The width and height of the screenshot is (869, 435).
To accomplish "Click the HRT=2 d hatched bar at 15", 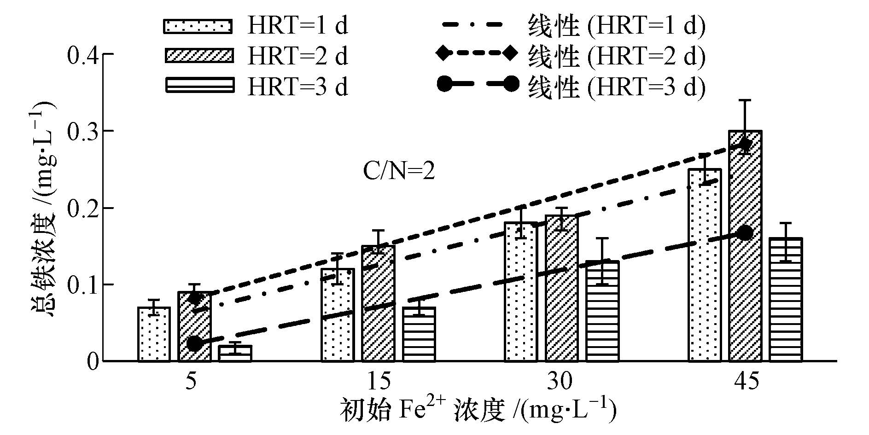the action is [378, 304].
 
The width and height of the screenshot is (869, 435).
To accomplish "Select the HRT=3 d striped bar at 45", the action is [786, 300].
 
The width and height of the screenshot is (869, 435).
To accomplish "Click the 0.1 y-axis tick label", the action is [83, 285].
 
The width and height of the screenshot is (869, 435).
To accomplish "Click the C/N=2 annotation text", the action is [399, 172].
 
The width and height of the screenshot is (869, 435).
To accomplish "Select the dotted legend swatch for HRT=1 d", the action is [199, 26].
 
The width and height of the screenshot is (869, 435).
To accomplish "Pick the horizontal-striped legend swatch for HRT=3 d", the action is [199, 86].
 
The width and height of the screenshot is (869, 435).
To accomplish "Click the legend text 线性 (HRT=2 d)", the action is [617, 56].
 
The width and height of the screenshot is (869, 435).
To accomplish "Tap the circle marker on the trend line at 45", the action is [745, 233].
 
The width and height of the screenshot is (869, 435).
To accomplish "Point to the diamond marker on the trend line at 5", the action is [195, 298].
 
